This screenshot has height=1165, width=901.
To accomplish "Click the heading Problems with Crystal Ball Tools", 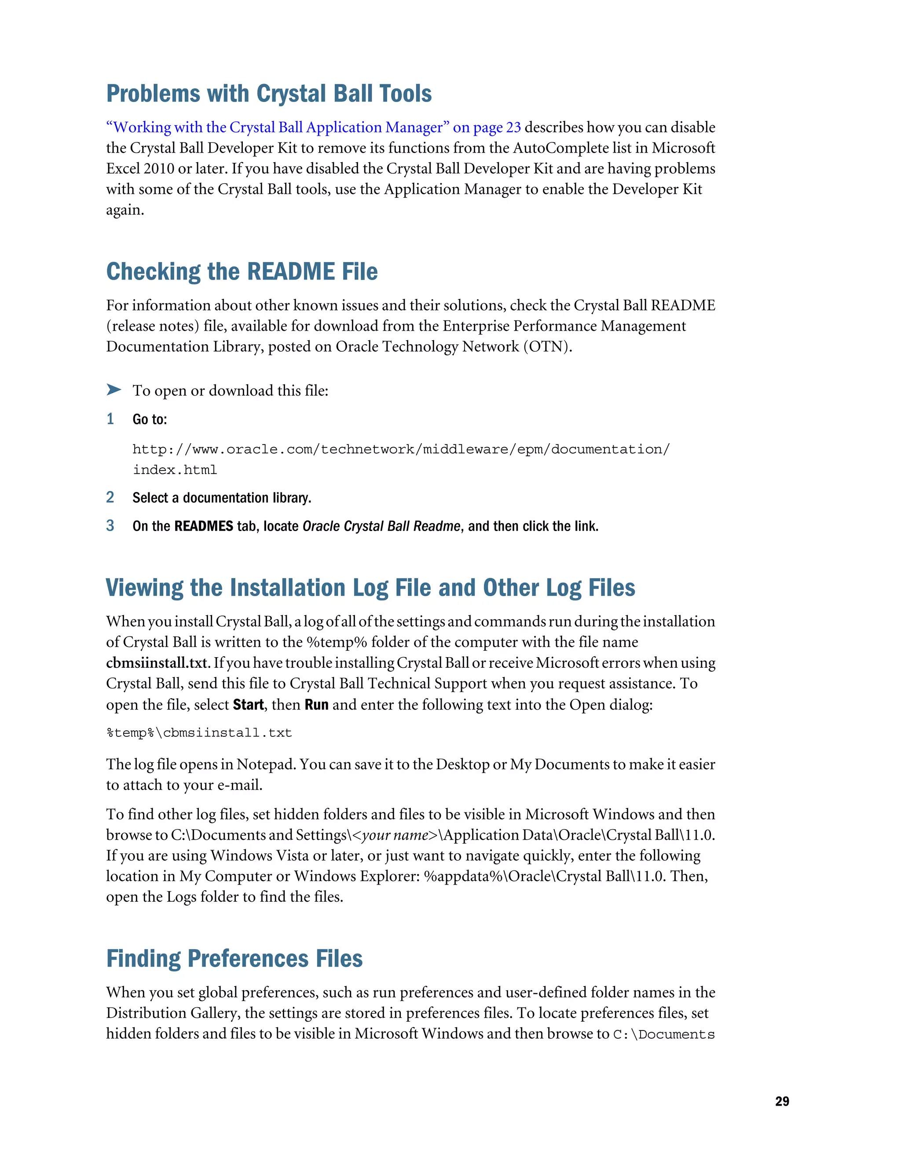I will [x=268, y=94].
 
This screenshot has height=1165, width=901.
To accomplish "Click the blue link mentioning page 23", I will [x=313, y=127].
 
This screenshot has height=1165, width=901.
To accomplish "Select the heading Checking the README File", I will [x=242, y=272].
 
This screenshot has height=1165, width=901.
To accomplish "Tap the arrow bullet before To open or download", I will [x=113, y=390].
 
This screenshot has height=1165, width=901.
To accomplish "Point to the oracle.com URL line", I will [x=400, y=449].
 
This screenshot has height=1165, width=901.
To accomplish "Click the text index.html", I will [x=175, y=470].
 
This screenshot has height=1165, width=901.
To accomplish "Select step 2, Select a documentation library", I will [x=222, y=498].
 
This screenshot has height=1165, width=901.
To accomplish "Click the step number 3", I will [x=110, y=525].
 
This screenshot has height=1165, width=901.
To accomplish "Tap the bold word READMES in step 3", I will [x=203, y=527].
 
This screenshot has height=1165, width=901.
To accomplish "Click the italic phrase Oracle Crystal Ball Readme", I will [x=381, y=527].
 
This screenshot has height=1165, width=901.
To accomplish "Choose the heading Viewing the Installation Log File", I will [x=370, y=588].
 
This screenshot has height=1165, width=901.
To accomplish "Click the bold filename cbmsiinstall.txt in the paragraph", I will [x=156, y=663].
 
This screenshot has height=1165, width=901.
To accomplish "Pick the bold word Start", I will [x=248, y=705].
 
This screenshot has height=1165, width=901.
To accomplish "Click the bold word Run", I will [x=316, y=705].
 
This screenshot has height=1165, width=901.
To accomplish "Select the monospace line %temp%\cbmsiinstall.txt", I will [x=199, y=733].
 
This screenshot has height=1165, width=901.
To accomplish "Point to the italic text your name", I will [x=395, y=835].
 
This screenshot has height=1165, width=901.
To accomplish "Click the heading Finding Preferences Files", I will [x=234, y=958].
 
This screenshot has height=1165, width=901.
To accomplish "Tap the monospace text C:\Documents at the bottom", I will [x=663, y=1034].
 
